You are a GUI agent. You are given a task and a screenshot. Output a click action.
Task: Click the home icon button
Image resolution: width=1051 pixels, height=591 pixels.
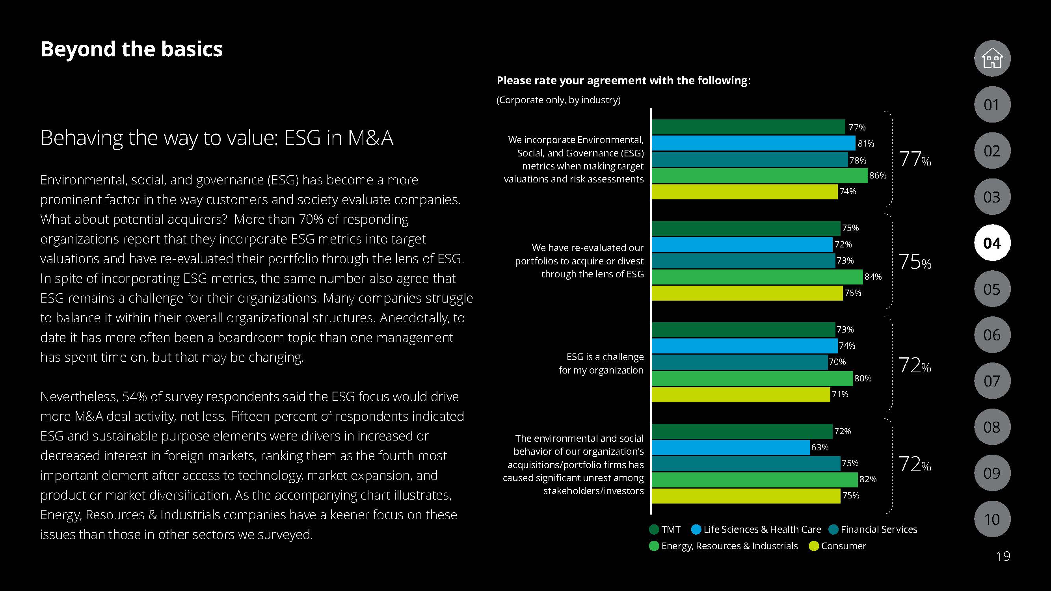coord(992,58)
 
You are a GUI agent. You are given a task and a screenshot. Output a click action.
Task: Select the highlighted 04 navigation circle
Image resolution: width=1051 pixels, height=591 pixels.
coord(992,243)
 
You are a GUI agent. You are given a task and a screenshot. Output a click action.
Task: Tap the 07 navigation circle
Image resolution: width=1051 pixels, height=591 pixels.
coord(992,381)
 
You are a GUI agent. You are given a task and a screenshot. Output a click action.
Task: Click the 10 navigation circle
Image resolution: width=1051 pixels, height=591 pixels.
coord(992,519)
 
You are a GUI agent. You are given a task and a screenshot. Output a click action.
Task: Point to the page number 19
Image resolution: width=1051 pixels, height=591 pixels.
coord(1003,556)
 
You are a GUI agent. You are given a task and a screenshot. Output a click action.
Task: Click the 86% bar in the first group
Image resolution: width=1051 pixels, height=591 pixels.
coord(759,176)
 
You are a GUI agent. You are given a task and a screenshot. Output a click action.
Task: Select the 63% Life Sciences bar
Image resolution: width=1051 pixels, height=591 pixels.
coord(730,448)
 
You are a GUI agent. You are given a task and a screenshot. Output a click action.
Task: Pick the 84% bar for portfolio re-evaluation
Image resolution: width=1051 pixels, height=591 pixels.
coord(757,277)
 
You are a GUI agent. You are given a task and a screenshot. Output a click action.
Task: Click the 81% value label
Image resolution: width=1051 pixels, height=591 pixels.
coord(866,143)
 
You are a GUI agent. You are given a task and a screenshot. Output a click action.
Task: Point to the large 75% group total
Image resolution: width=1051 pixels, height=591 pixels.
coord(915,262)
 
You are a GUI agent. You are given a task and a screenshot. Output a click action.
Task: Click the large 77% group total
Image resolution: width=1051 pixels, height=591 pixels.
coord(915,160)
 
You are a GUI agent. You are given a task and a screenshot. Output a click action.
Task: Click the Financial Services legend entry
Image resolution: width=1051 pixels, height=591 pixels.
coord(873,530)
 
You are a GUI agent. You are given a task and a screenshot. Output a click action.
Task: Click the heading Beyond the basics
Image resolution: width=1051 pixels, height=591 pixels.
coord(131,49)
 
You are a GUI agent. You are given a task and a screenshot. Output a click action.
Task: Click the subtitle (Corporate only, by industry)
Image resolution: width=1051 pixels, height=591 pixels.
coord(558,100)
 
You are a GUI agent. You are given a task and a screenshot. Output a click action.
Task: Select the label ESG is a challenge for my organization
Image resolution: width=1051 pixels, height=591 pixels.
coord(601,363)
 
